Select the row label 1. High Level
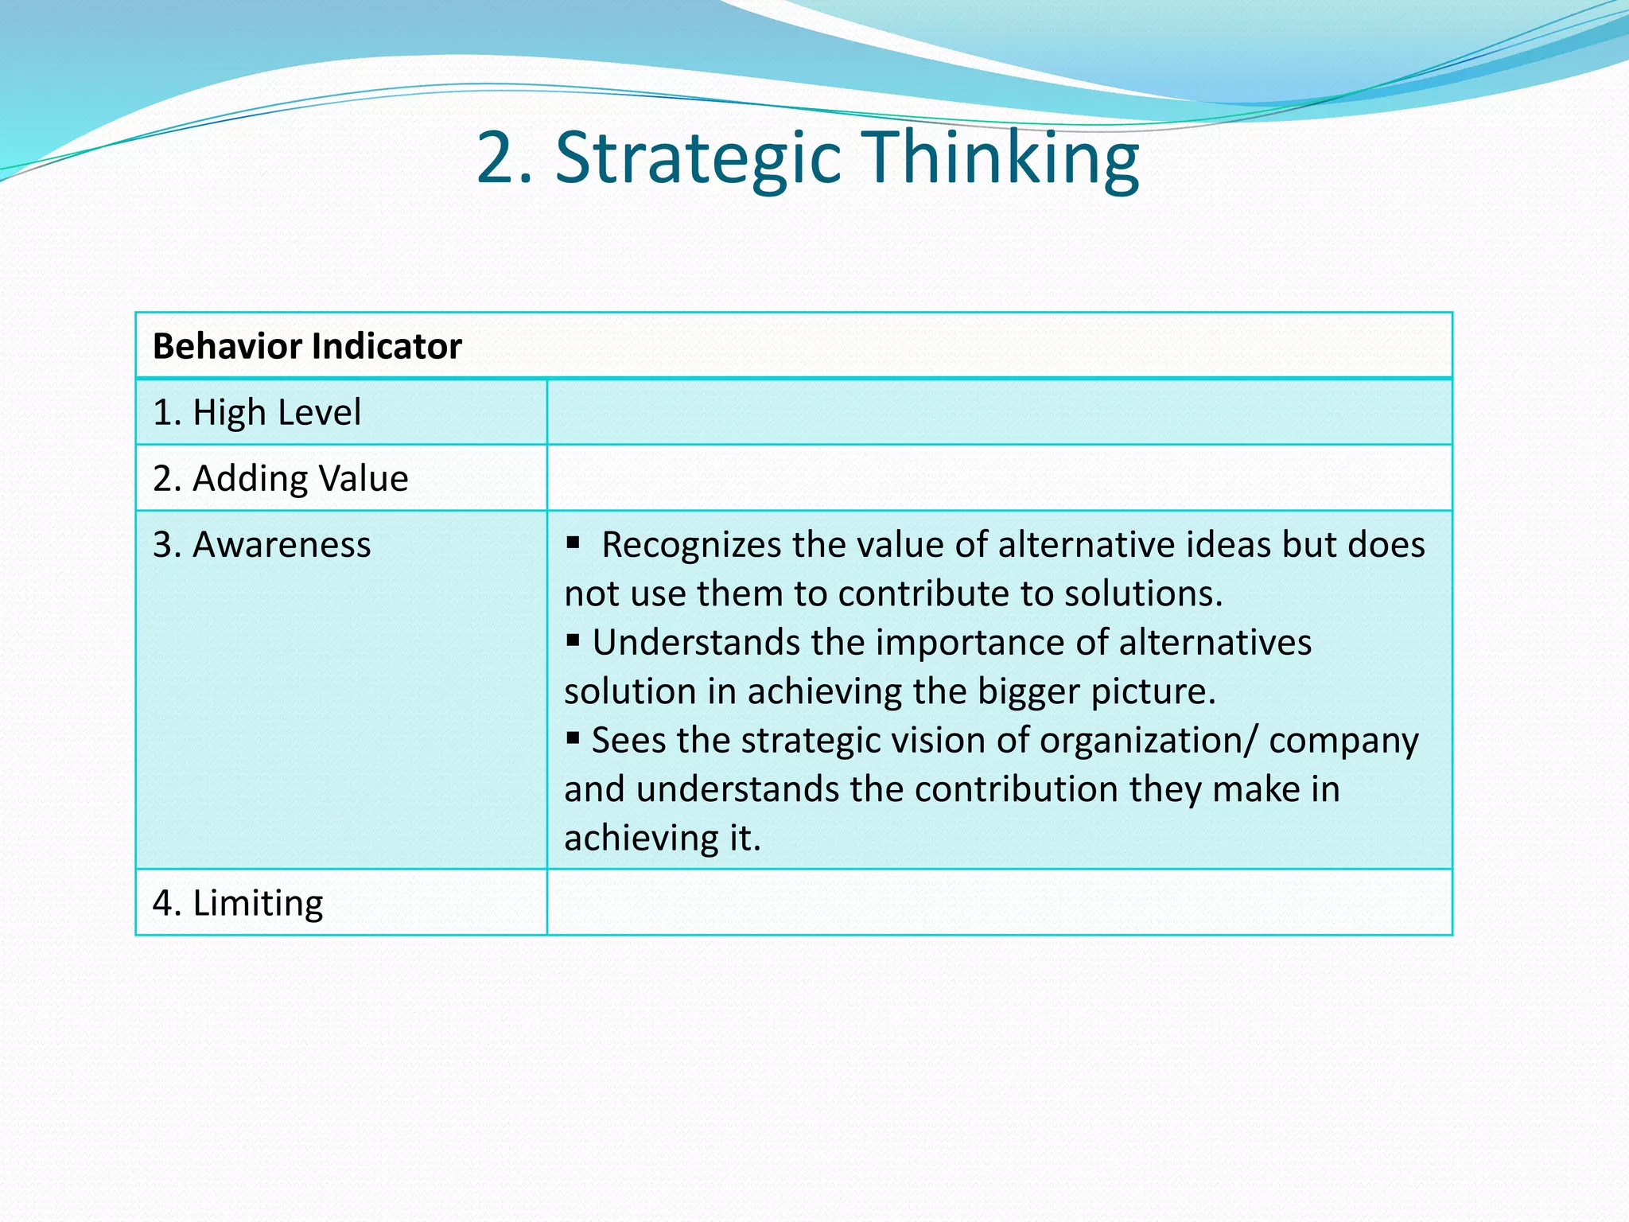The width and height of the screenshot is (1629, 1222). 257,413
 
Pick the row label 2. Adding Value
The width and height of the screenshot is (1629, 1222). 280,479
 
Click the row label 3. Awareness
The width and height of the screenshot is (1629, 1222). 262,545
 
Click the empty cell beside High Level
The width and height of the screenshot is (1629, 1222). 999,412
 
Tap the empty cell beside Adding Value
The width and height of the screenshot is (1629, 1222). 999,478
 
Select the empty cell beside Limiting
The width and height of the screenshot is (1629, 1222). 999,903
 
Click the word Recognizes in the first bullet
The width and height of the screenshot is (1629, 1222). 691,545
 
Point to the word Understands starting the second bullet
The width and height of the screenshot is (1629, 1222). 695,643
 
